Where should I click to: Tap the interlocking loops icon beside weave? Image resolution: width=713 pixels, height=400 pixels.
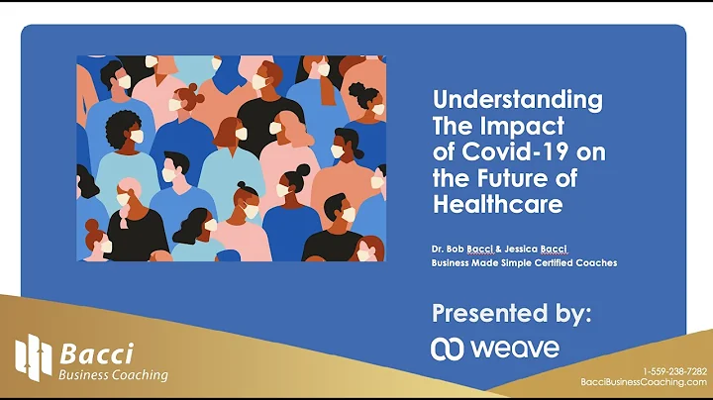click(x=448, y=349)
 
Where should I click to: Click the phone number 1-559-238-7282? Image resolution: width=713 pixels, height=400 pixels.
click(x=675, y=371)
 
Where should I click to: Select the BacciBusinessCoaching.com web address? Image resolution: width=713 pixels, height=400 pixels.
click(x=644, y=381)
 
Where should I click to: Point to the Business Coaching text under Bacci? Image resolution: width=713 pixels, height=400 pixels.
click(x=113, y=376)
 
